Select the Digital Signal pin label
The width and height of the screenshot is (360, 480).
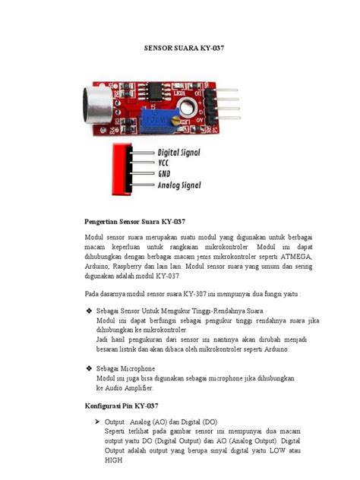click(178, 152)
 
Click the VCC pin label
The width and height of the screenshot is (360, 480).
click(164, 163)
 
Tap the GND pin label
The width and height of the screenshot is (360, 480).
click(165, 173)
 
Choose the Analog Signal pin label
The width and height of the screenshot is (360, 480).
click(178, 185)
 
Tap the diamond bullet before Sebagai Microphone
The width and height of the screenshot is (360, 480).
click(89, 367)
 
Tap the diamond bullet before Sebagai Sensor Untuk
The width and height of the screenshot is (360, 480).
click(89, 311)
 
